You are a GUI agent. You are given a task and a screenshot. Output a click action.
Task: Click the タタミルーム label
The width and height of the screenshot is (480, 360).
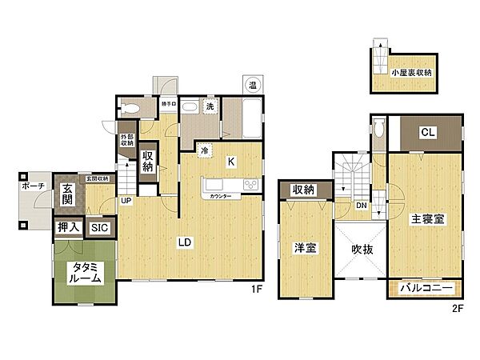pyautogui.click(x=85, y=273)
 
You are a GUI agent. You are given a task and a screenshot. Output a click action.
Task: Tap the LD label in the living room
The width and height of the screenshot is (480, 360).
pyautogui.click(x=184, y=241)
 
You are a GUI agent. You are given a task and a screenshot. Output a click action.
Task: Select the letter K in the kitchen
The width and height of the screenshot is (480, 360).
pyautogui.click(x=230, y=161)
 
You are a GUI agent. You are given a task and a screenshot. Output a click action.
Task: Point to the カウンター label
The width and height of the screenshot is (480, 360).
pyautogui.click(x=221, y=196)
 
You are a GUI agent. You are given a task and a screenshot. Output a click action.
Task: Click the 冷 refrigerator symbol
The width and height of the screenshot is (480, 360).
pyautogui.click(x=205, y=149)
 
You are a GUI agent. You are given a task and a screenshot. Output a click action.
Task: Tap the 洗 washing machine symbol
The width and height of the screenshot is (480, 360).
pyautogui.click(x=209, y=108)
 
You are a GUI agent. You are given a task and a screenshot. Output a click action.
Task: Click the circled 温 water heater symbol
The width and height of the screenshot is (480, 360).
pyautogui.click(x=252, y=84)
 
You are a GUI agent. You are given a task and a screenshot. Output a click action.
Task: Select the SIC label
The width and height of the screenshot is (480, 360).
pyautogui.click(x=100, y=228)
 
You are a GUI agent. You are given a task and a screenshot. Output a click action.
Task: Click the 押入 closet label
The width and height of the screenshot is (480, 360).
pyautogui.click(x=68, y=228)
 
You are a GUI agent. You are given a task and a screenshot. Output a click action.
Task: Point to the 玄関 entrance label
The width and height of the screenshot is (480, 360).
pyautogui.click(x=68, y=193)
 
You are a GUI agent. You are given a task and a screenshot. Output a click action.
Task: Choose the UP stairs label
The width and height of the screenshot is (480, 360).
pyautogui.click(x=126, y=200)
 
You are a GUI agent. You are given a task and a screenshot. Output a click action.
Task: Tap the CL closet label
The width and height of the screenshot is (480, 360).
pyautogui.click(x=427, y=133)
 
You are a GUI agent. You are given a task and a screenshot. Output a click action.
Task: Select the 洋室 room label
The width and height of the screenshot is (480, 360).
pyautogui.click(x=305, y=249)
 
